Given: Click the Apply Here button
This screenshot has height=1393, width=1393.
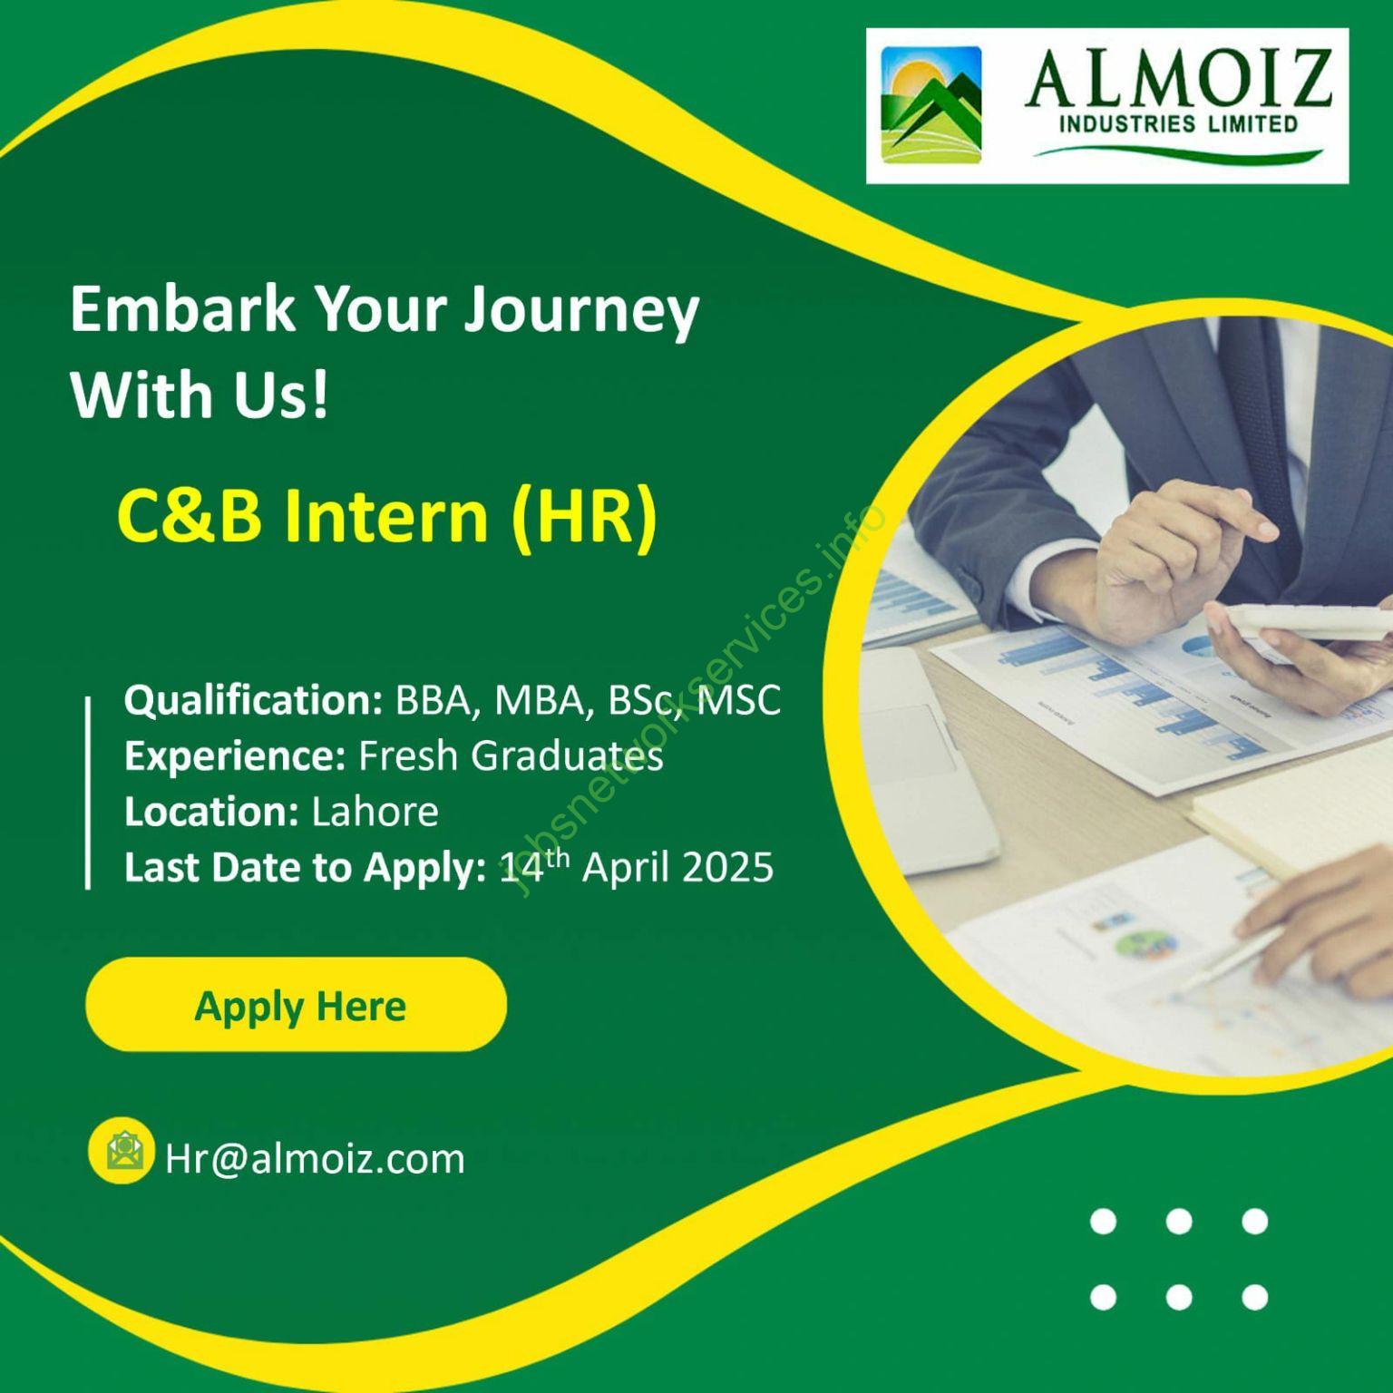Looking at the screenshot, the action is pos(296,1005).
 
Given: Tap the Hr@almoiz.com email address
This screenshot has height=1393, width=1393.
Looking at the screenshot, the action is pos(315,1159).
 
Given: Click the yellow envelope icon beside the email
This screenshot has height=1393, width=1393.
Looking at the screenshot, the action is pos(121,1150).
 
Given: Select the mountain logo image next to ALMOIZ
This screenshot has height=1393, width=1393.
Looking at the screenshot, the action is pos(931,106).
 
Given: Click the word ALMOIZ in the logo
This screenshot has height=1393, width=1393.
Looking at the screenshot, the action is pos(1178,80).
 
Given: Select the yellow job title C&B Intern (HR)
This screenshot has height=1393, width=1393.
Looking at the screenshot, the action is pos(386,516).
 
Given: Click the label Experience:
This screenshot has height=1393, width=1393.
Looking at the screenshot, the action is pos(235,756).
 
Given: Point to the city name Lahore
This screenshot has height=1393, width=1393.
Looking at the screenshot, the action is pos(375,811).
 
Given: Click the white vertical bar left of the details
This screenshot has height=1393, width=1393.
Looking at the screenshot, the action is pos(88,793).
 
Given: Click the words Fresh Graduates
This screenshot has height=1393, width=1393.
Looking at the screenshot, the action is pos(511,756).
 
